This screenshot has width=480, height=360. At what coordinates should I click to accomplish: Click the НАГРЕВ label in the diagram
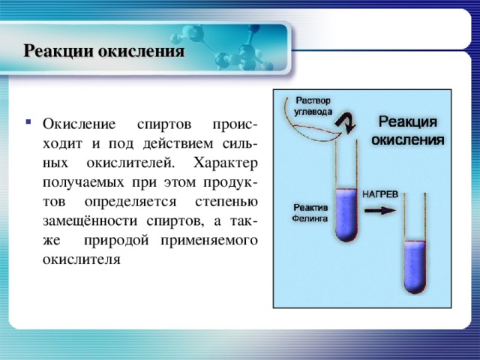tap(381, 193)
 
